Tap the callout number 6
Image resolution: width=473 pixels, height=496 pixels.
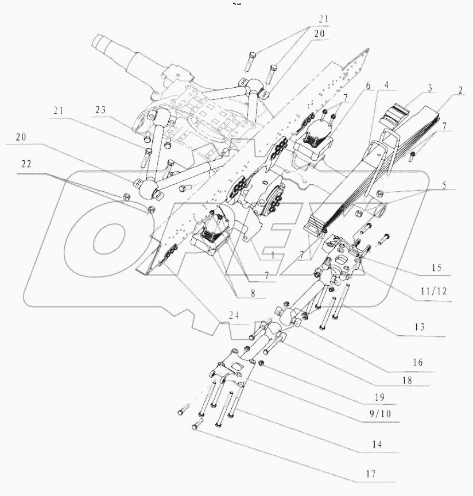[x=367, y=87]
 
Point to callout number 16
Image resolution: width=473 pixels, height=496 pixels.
[x=417, y=363]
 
